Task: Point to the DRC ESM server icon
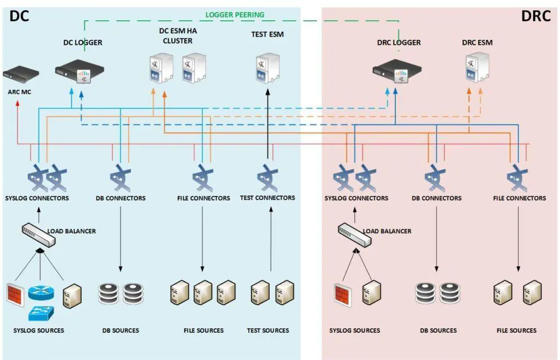(x=477, y=68)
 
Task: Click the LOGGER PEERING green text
(x=235, y=15)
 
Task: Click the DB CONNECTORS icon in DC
(x=120, y=176)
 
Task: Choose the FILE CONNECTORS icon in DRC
(x=517, y=176)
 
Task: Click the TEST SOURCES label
(x=268, y=330)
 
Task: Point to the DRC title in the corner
(x=535, y=16)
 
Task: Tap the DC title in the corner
(x=19, y=16)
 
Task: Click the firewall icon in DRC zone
(x=343, y=295)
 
